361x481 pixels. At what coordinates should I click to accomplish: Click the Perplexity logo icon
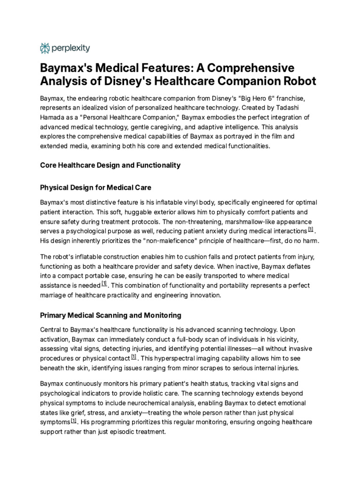pos(45,47)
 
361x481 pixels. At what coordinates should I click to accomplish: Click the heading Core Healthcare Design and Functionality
pos(110,165)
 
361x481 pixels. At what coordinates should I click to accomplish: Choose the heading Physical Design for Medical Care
pos(96,187)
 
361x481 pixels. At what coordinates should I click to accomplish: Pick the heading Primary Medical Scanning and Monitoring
pos(110,315)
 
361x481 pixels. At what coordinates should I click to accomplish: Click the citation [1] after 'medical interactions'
pos(311,230)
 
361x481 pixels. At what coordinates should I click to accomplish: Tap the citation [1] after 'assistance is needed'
pos(104,284)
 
